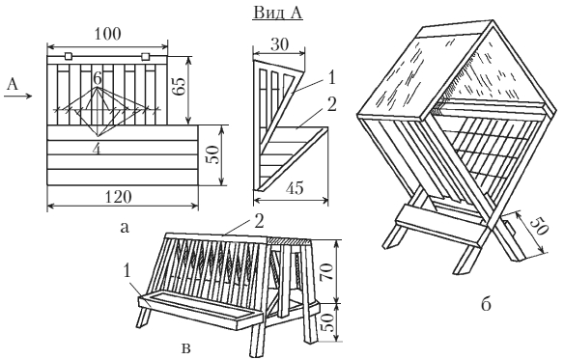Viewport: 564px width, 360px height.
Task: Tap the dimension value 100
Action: point(108,34)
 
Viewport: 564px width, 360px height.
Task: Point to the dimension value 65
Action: point(180,86)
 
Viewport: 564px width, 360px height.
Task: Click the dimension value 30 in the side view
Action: point(279,44)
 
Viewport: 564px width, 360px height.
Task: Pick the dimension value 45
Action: point(295,188)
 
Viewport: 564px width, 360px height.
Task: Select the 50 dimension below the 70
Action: point(327,322)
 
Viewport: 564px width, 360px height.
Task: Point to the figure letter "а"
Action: point(125,228)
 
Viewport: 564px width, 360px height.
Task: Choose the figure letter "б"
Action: point(486,304)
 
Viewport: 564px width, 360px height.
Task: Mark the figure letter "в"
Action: point(186,348)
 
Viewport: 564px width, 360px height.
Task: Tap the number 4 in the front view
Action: point(96,150)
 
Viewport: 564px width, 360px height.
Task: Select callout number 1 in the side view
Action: point(331,77)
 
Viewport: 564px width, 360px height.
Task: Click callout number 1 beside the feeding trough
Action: point(127,272)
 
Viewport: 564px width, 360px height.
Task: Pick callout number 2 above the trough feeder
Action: point(259,222)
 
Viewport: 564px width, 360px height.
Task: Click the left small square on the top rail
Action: point(69,56)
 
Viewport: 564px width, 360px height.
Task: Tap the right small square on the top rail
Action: point(145,57)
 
